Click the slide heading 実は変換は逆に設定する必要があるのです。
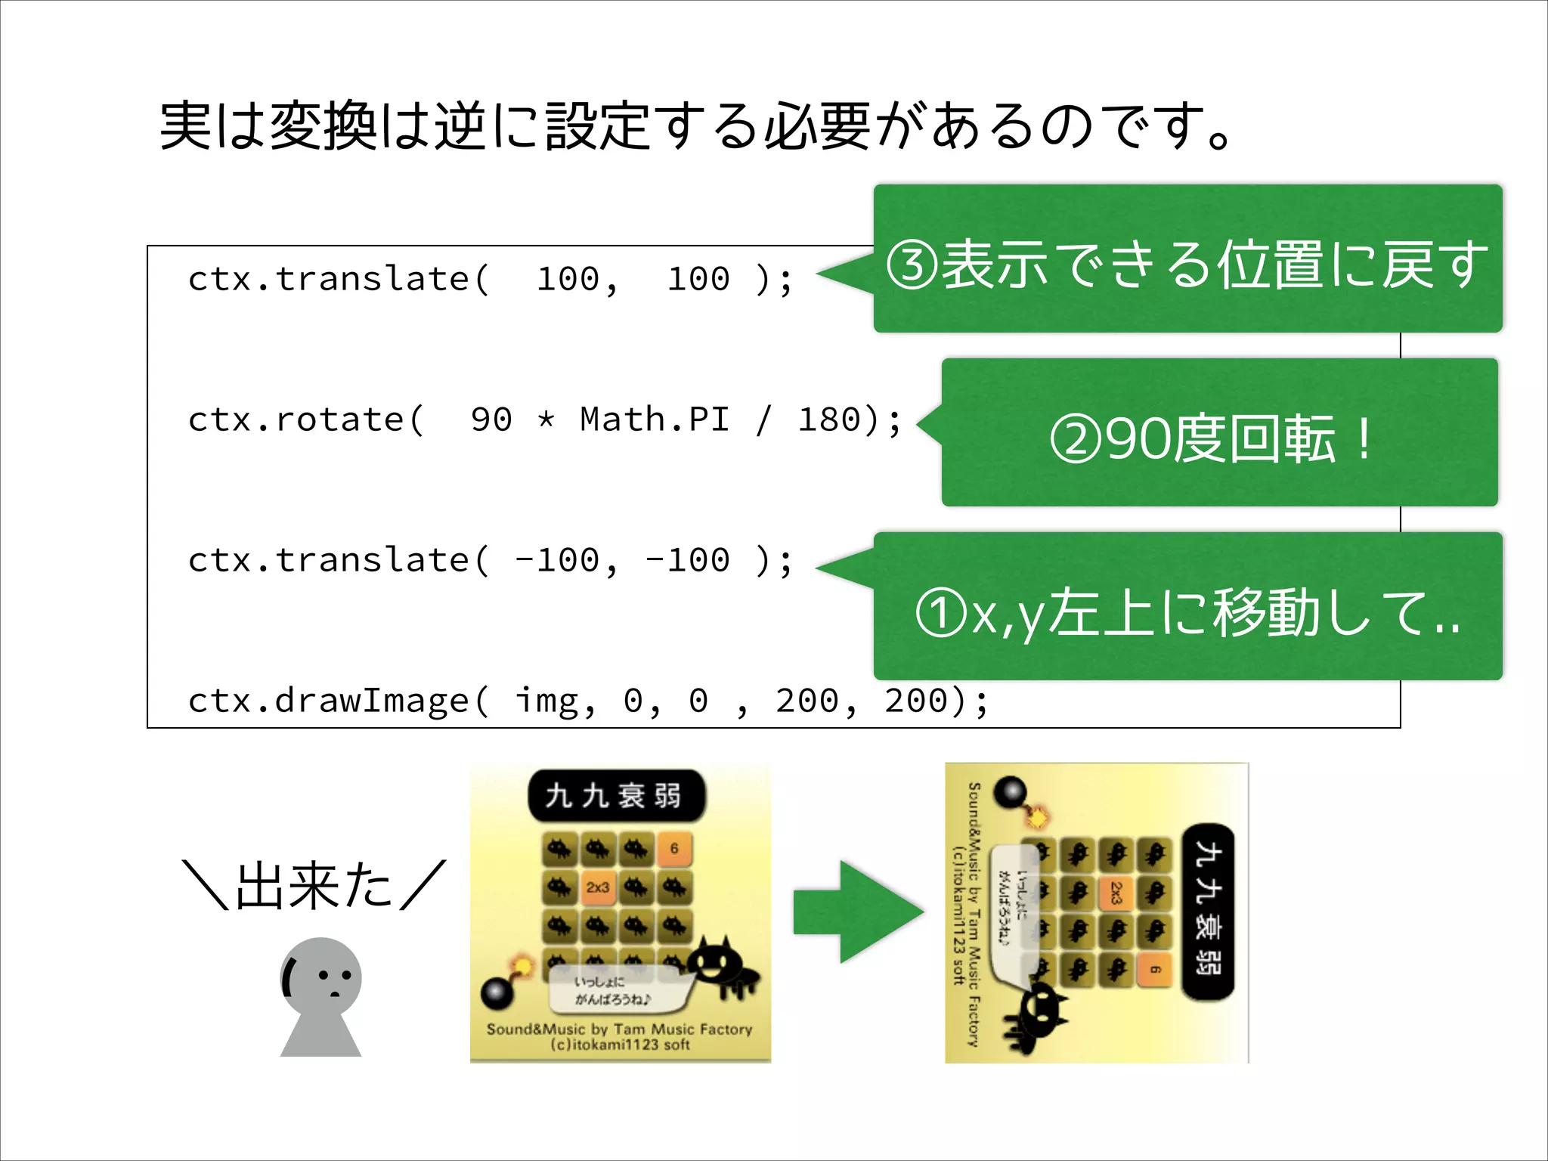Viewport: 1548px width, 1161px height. [695, 125]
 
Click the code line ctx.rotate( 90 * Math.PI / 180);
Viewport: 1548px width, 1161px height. [544, 420]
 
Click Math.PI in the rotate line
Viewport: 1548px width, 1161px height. [655, 420]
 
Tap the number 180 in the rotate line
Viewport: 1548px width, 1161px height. [829, 420]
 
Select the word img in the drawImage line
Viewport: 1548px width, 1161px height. [546, 701]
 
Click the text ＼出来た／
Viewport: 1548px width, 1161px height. [314, 885]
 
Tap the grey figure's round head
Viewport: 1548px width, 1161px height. [321, 977]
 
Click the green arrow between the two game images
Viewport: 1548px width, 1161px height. [858, 912]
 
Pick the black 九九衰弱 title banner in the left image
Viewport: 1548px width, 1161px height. [615, 796]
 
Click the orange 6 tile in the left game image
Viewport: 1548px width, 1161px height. [674, 849]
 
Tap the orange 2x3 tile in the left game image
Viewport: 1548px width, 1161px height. [598, 887]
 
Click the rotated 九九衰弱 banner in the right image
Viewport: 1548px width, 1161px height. [1208, 912]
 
